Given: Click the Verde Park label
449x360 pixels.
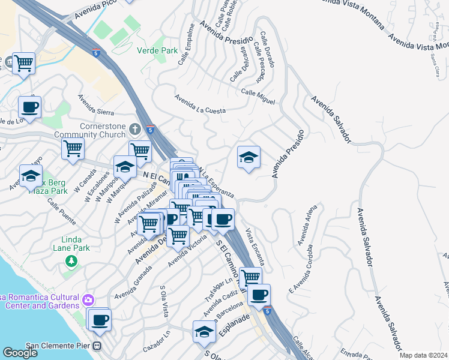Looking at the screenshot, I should click(157, 51).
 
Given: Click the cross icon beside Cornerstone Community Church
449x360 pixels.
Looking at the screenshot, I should click(136, 129).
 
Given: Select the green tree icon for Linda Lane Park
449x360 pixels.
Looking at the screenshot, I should click(71, 260).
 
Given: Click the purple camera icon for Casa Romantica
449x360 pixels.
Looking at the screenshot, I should click(88, 299).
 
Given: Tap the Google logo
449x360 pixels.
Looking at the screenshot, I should click(20, 353).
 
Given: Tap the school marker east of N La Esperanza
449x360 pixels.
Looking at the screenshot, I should click(249, 157).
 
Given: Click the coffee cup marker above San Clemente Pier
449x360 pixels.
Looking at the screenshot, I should click(100, 319).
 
